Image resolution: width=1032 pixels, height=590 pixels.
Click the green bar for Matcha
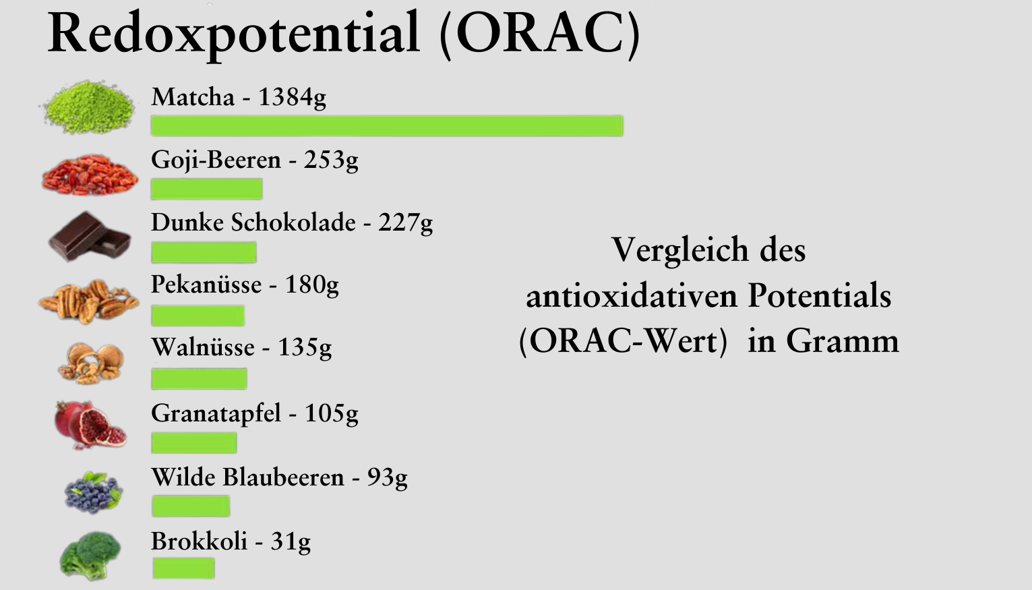(x=387, y=126)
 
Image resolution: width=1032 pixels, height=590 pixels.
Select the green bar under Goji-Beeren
(x=207, y=189)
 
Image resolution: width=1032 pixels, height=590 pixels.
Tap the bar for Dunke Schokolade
(x=204, y=253)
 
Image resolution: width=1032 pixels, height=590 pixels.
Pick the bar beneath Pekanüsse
(x=198, y=316)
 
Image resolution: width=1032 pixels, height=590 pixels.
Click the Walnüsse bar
(x=199, y=378)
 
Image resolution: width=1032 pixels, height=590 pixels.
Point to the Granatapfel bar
(x=194, y=442)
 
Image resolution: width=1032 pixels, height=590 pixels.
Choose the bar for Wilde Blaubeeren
(x=191, y=506)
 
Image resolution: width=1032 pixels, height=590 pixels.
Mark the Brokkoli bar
(x=183, y=568)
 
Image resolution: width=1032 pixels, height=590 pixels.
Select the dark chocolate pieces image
(x=90, y=237)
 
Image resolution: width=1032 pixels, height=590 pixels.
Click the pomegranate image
(x=90, y=425)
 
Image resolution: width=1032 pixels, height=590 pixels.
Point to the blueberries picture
(x=94, y=492)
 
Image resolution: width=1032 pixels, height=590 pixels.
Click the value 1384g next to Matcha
(x=292, y=98)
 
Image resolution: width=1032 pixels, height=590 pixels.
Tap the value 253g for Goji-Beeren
(x=331, y=161)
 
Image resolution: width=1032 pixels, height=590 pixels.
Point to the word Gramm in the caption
(x=843, y=342)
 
